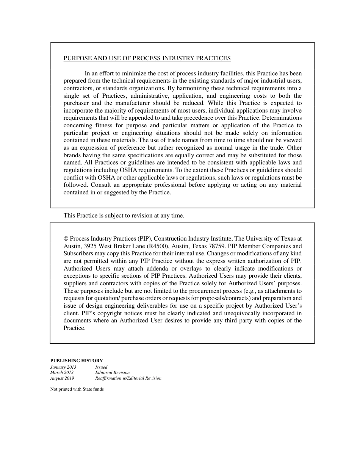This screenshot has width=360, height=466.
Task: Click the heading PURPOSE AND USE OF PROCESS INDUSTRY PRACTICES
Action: (x=147, y=58)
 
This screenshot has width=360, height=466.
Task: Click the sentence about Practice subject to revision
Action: (x=124, y=216)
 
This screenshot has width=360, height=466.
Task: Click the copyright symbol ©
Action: (x=66, y=239)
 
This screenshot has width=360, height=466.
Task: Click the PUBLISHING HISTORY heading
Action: (x=77, y=361)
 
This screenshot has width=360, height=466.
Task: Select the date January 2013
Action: (x=63, y=367)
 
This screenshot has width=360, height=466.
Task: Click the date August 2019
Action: (x=62, y=378)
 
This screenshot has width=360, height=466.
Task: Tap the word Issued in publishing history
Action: (x=101, y=367)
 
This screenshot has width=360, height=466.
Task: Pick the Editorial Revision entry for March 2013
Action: (x=112, y=373)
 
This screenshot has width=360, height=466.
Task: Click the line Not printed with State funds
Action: (x=77, y=389)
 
